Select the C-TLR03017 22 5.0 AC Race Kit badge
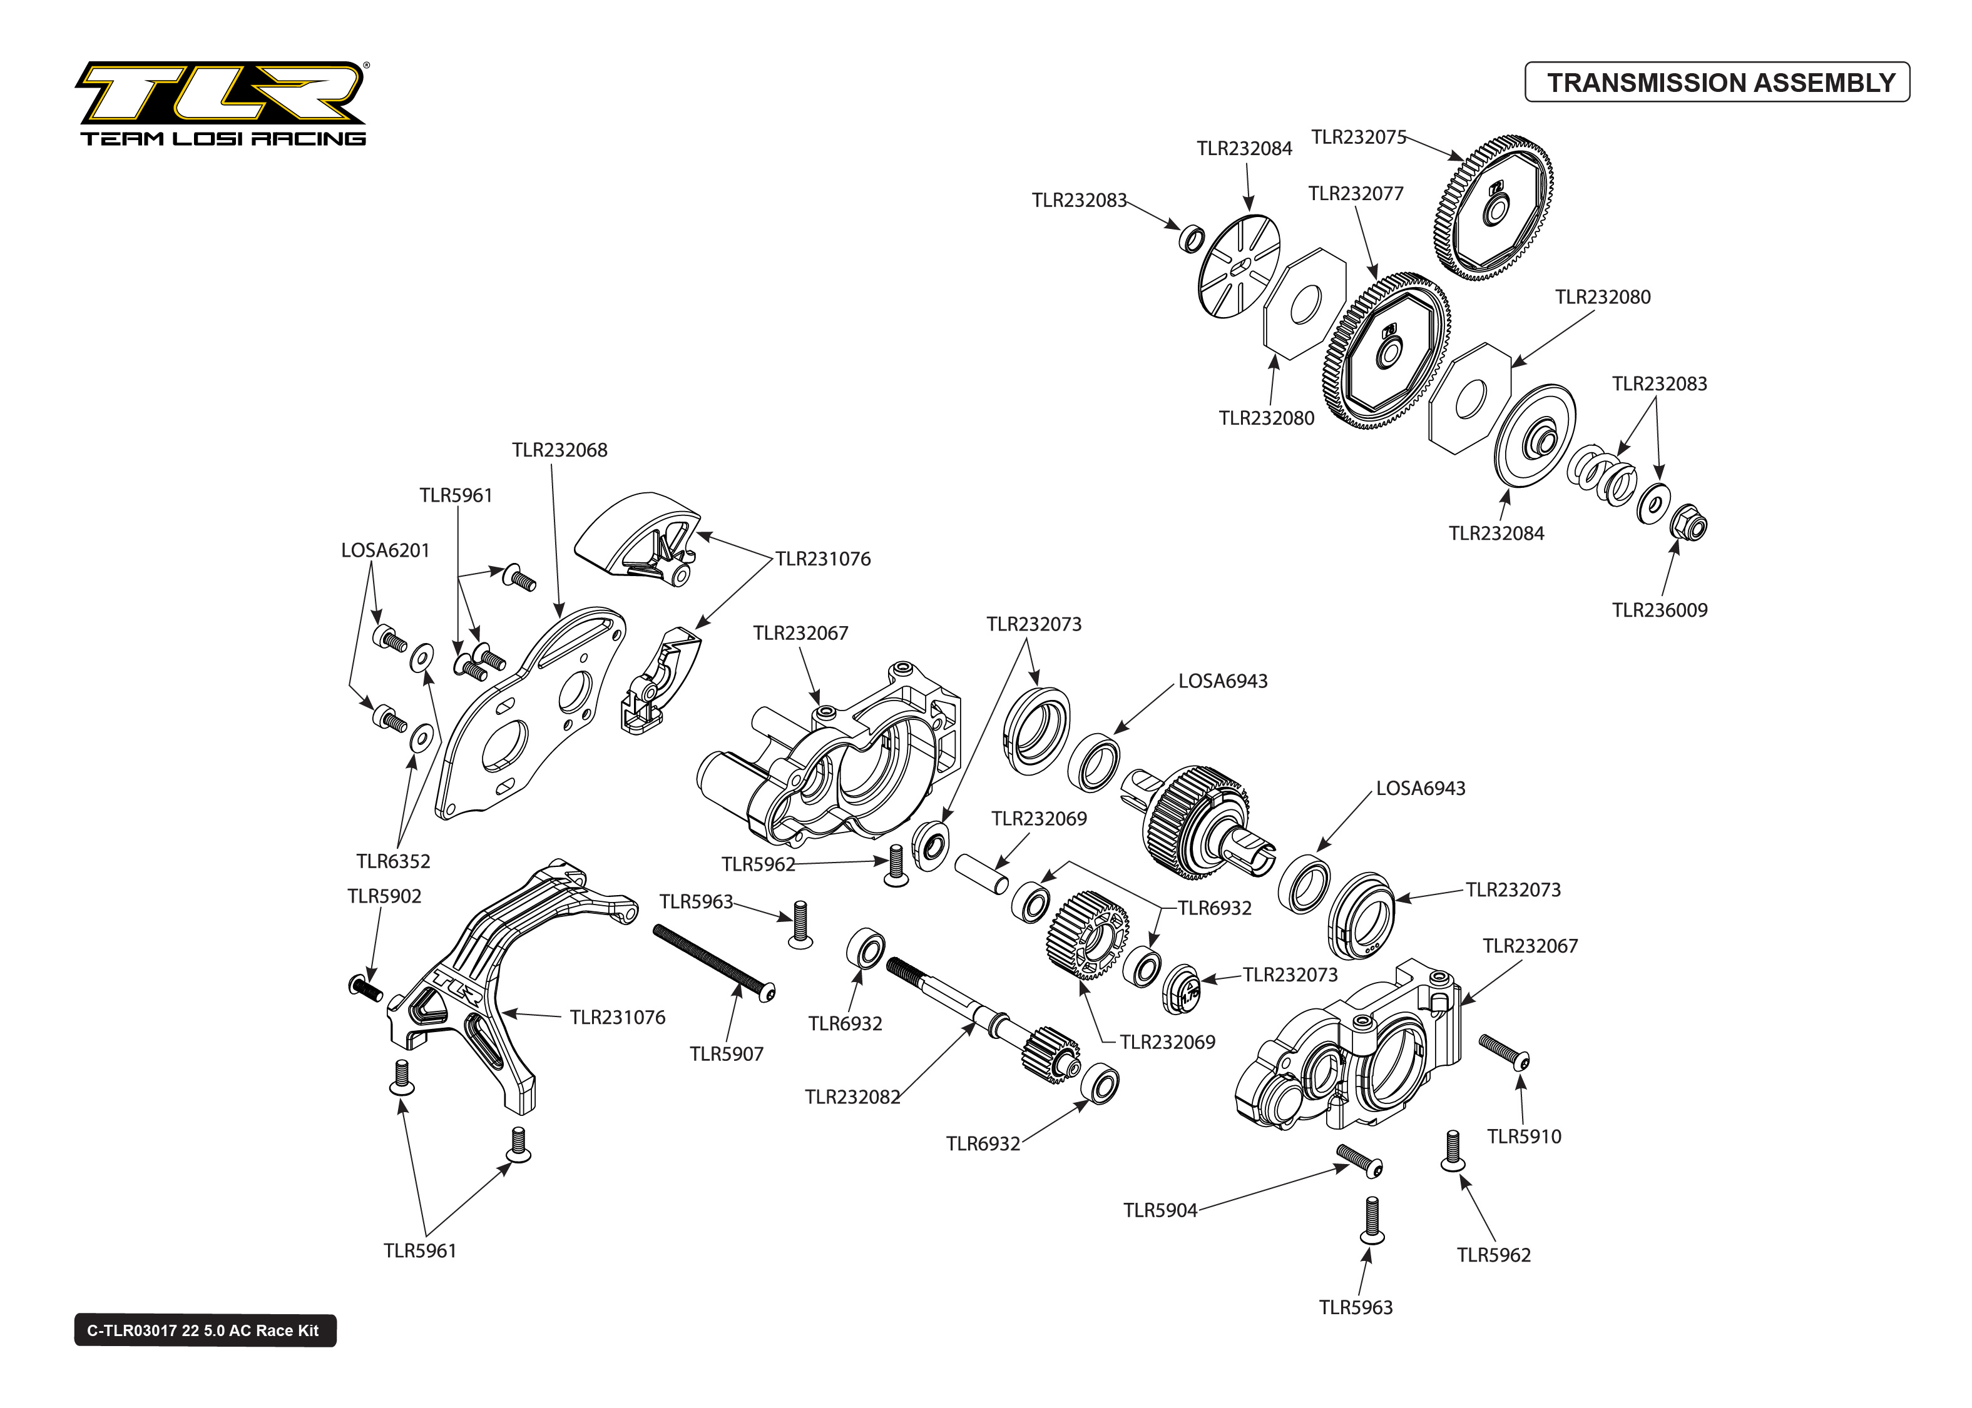click(x=205, y=1330)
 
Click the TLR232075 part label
click(x=1357, y=137)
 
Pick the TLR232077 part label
click(x=1356, y=193)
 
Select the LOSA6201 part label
click(x=385, y=550)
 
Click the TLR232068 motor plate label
click(x=559, y=450)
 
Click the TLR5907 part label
click(x=726, y=1054)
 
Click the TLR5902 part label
click(x=384, y=896)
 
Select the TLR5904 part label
click(x=1160, y=1210)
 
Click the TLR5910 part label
click(x=1524, y=1137)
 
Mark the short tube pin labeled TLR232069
click(x=983, y=873)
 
